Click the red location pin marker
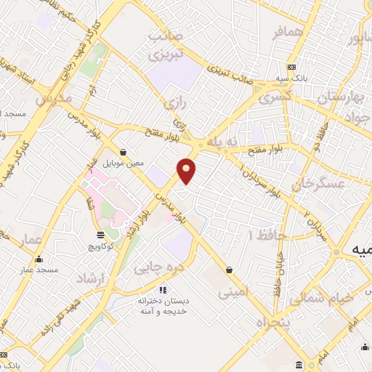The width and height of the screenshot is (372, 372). click(187, 170)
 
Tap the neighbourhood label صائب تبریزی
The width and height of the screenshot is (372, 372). click(164, 45)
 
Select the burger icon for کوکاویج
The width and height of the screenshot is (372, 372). click(100, 235)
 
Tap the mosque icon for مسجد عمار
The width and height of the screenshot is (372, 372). click(38, 259)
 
